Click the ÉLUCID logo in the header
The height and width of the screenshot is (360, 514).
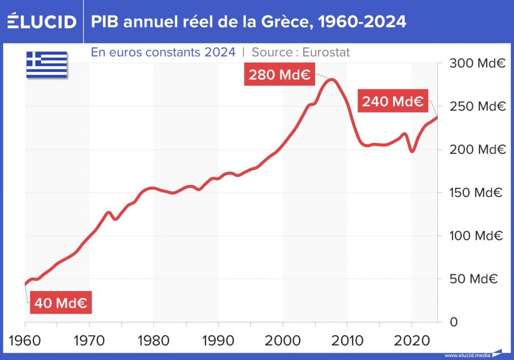point(42,22)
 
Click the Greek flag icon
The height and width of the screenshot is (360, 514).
point(47,64)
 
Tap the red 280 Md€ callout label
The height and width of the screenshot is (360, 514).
point(279,75)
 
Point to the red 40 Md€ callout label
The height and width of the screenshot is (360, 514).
point(60,303)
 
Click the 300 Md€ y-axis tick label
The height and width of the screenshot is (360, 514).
point(475,64)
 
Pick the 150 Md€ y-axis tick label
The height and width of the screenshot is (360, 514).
point(475,193)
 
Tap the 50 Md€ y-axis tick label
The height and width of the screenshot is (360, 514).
point(475,279)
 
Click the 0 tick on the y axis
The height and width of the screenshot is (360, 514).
point(453,322)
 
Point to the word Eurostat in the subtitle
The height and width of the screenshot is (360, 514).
point(326,52)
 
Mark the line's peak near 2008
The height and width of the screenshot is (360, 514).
point(332,80)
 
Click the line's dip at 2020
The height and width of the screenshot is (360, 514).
point(412,151)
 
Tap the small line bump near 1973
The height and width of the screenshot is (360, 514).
point(109,212)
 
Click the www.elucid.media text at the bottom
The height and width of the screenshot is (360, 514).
point(467,355)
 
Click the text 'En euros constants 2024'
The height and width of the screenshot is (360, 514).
point(163,52)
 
